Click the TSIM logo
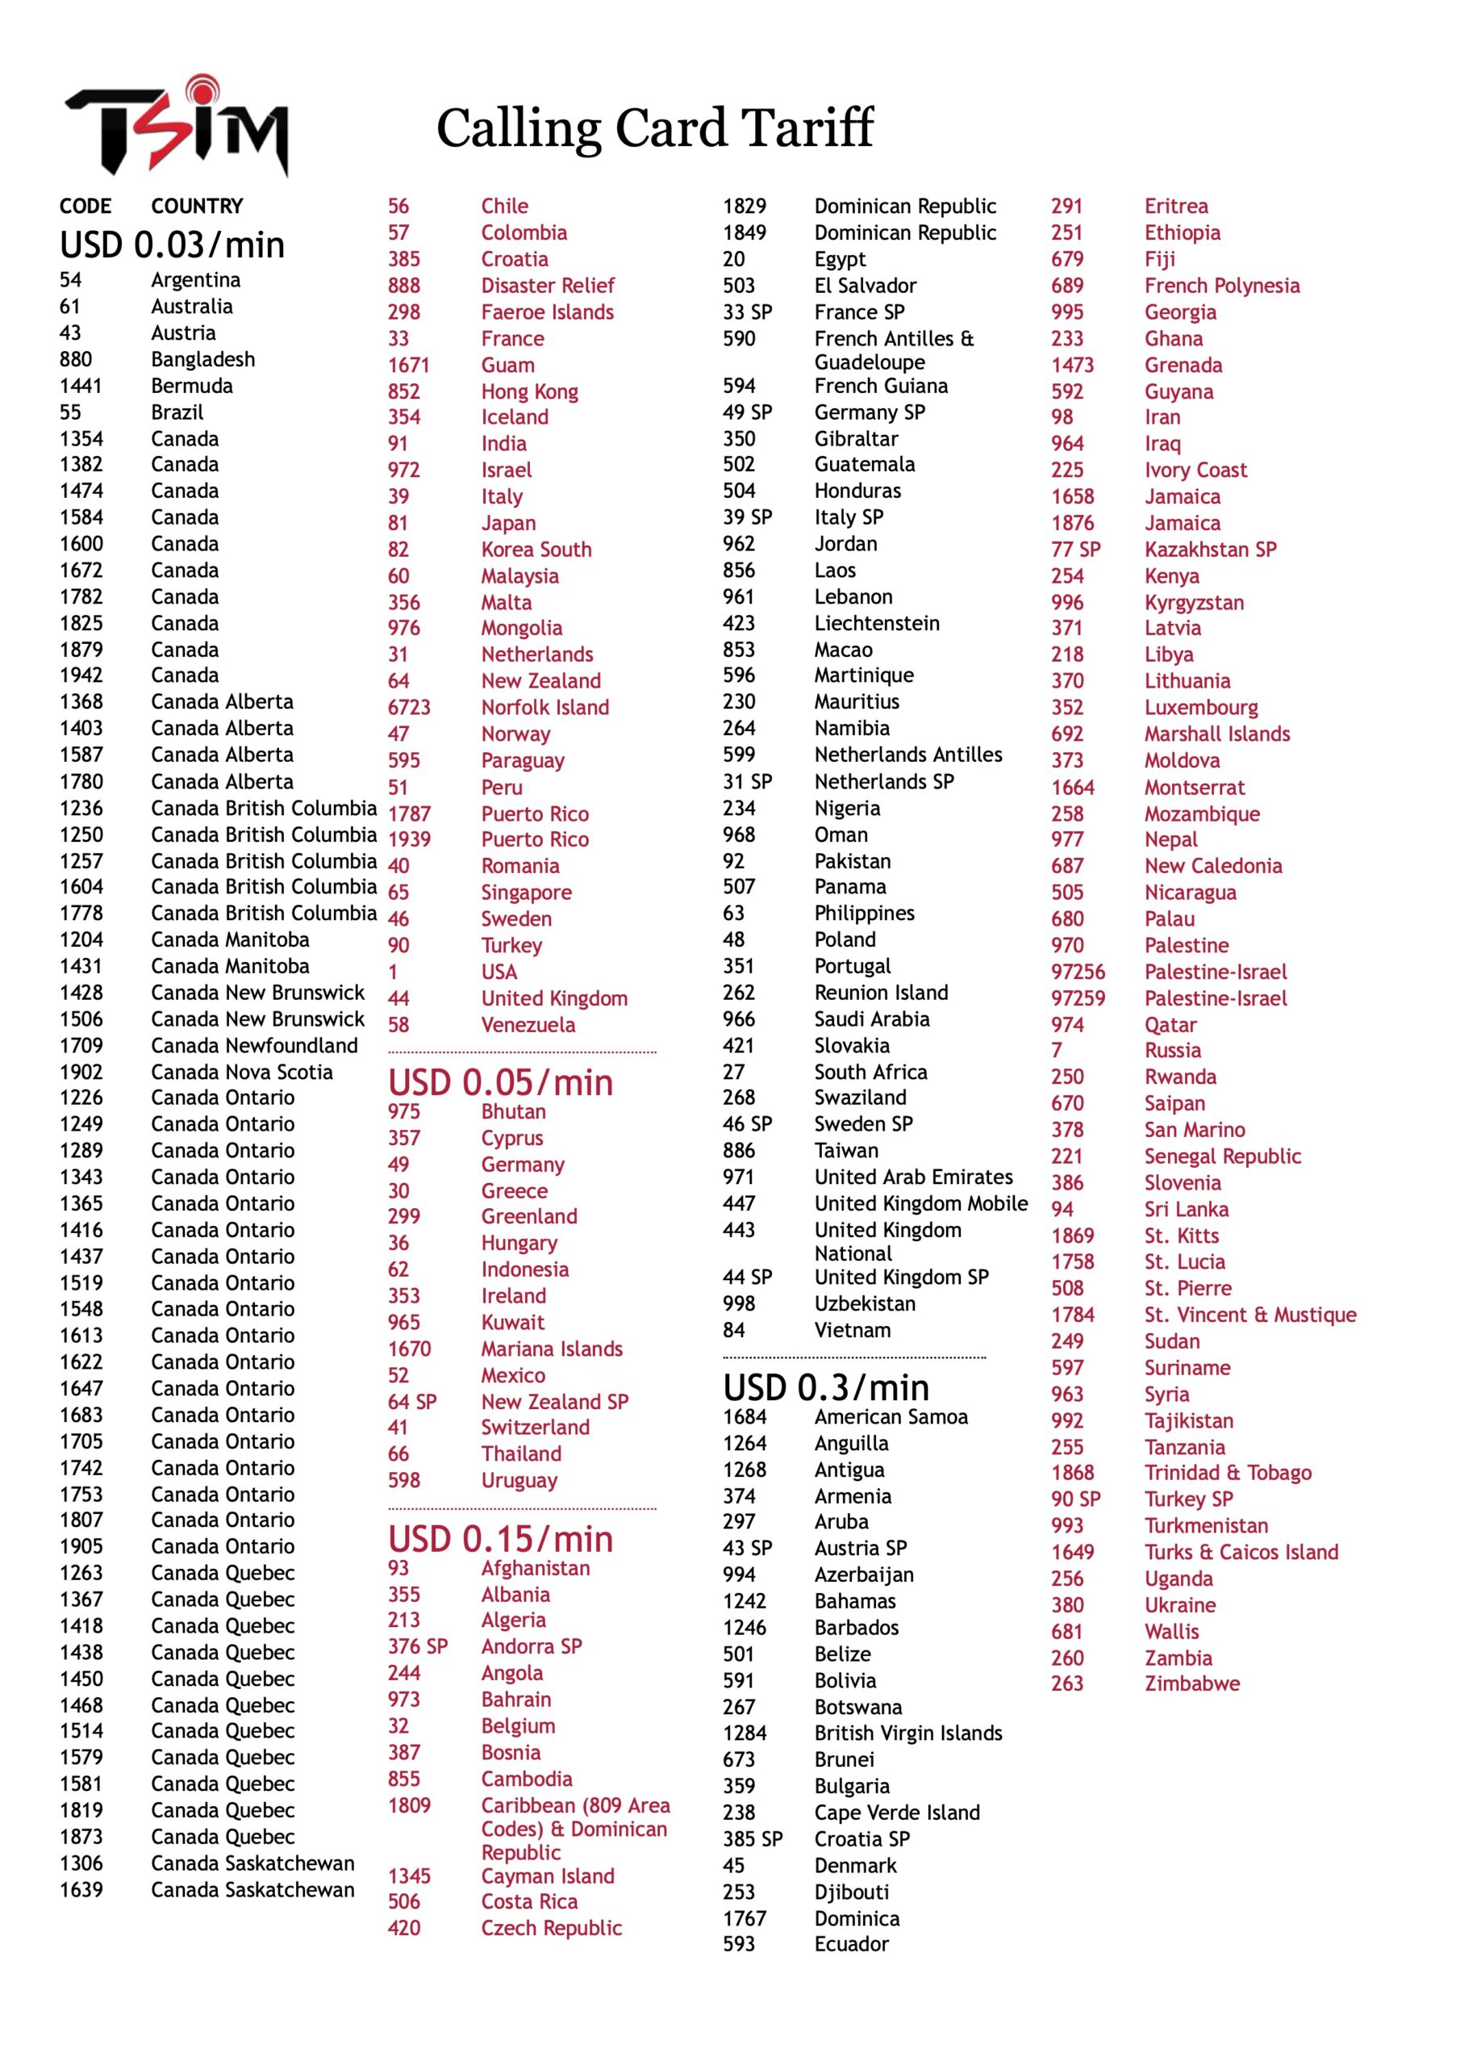pyautogui.click(x=177, y=126)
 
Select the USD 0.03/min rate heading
pyautogui.click(x=172, y=245)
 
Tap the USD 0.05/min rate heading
pyautogui.click(x=500, y=1082)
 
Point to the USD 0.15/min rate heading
pyautogui.click(x=500, y=1540)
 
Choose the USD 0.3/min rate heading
pyautogui.click(x=826, y=1387)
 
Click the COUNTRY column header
pyautogui.click(x=197, y=206)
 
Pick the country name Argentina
pyautogui.click(x=195, y=280)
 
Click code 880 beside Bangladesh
pyautogui.click(x=76, y=359)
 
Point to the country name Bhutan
pyautogui.click(x=513, y=1111)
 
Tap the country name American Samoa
pyautogui.click(x=891, y=1417)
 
